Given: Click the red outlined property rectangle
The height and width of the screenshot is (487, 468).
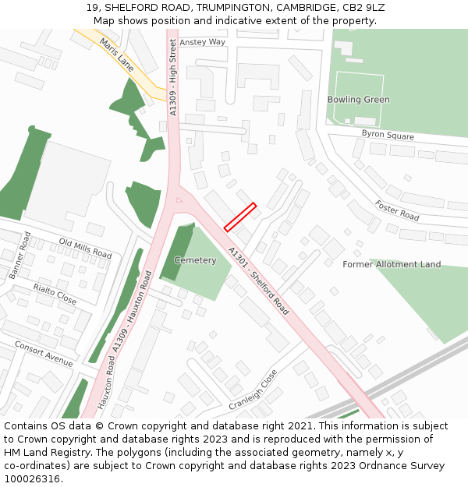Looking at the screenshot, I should pos(240,217).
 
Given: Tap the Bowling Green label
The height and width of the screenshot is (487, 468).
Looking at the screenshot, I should pos(358,100).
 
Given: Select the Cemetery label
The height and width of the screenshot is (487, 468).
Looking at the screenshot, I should pos(195,260).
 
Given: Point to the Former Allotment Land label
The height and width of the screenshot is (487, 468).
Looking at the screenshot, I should pos(392,265).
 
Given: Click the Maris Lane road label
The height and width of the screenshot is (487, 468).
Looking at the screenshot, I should pos(117,56).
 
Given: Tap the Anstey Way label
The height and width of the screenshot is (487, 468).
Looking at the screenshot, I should pos(202,42).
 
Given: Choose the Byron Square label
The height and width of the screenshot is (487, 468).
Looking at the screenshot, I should pos(388,135).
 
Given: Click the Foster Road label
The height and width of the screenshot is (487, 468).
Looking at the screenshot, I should pos(397,210).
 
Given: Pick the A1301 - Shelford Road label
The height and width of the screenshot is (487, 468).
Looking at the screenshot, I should pos(258,281).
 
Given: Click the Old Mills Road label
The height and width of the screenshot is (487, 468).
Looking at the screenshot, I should pos(85,249).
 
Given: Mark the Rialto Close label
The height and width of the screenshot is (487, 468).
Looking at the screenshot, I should pos(55,295).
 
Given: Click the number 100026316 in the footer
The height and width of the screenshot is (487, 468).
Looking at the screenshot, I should pos(32,479).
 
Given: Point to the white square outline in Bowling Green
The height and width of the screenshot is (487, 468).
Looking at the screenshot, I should pos(358,98).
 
